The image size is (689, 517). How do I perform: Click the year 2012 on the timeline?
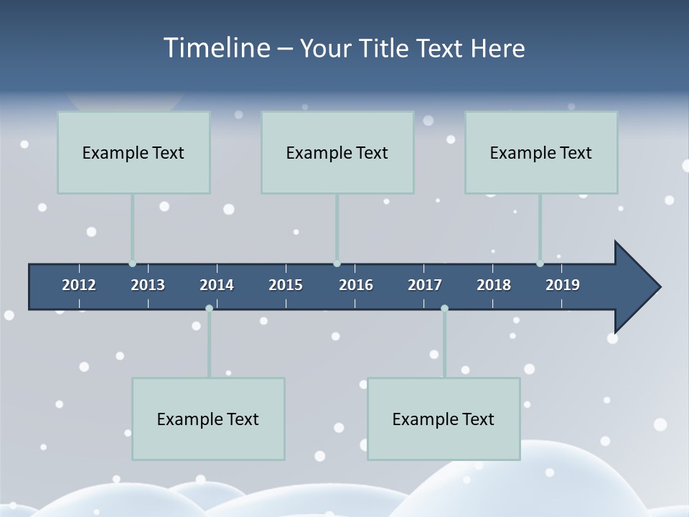point(79,285)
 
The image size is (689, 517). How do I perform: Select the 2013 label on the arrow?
point(148,285)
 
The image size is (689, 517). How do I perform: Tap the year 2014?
point(217,285)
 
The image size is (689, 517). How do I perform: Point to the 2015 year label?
point(286,285)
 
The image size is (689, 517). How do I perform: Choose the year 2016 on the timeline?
point(356,285)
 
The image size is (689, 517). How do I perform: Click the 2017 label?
point(425,285)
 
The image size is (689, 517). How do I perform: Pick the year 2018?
point(494,285)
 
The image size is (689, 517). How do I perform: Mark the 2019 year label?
point(563,285)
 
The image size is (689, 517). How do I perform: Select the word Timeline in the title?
point(216,48)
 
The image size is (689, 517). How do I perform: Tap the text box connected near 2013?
point(133,152)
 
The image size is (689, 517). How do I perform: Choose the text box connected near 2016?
point(337,152)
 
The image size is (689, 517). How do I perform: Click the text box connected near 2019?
point(541,152)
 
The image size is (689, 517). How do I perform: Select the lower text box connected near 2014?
point(208,419)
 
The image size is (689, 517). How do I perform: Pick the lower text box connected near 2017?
point(444,419)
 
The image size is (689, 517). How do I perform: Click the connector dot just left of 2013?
point(132,264)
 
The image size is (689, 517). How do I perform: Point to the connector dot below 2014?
point(209,309)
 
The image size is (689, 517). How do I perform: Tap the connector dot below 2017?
point(444,309)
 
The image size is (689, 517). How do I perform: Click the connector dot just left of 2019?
point(540,264)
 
